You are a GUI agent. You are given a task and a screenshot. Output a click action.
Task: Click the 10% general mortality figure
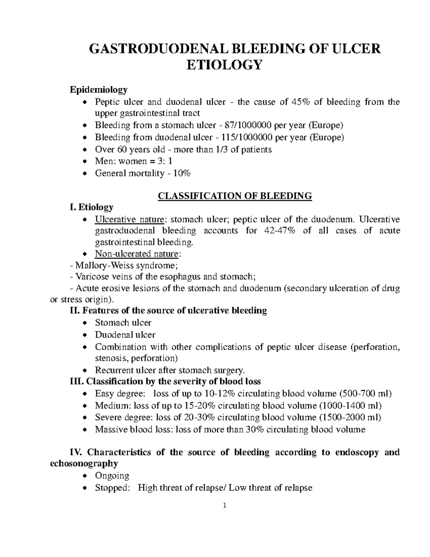tap(182, 174)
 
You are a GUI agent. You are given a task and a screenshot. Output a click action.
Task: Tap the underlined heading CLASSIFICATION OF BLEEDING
tap(235, 196)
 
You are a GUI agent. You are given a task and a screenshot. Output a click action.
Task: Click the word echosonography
tap(83, 463)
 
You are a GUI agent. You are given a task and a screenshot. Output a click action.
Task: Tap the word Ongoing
tap(112, 476)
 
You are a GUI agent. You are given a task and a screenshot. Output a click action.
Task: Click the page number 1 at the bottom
tap(224, 506)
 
